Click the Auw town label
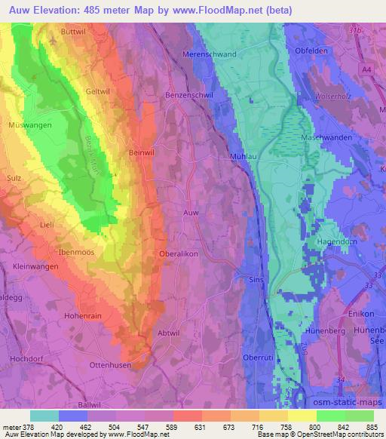pos(191,213)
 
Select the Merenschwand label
pos(210,54)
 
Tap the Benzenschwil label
pos(188,96)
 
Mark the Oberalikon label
pos(179,254)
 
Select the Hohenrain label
pos(82,316)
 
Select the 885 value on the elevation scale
pos(369,426)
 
